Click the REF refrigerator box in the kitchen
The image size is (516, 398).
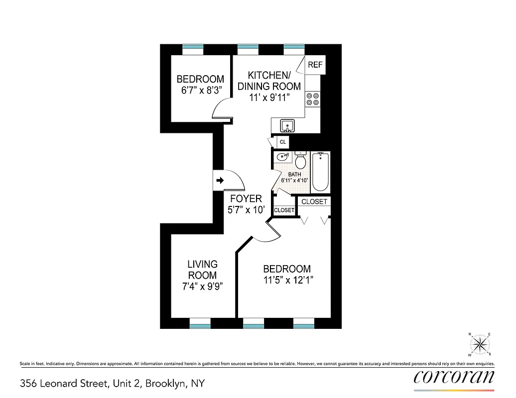point(315,65)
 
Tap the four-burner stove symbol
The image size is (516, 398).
point(313,99)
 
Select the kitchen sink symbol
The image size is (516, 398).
point(287,125)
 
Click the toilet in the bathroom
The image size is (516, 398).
point(300,161)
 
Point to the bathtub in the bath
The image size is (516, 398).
point(320,173)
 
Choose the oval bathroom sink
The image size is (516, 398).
point(282,158)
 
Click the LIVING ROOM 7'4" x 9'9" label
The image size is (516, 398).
point(202,275)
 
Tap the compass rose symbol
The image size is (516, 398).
point(480,344)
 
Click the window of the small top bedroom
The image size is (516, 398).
point(193,49)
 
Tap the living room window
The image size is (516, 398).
point(200,324)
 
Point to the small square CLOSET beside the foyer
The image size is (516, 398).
point(284,210)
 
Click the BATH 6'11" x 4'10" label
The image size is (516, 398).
point(295,178)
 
